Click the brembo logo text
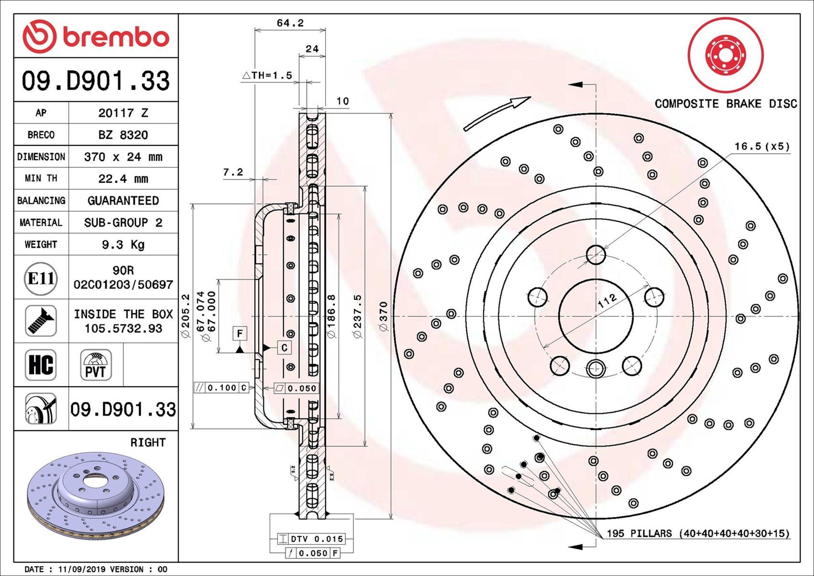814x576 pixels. coord(115,37)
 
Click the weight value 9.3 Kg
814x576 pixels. coord(123,245)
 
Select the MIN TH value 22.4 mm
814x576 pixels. coord(123,179)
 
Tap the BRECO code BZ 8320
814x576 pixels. coord(123,135)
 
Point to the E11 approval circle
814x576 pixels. coord(41,278)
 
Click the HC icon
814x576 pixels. coord(41,365)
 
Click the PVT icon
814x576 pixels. coord(96,365)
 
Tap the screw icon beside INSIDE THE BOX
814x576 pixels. coord(41,321)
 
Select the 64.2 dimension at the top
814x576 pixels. coord(290,23)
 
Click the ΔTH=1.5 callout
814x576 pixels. coord(267,75)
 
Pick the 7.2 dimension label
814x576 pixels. coord(233,172)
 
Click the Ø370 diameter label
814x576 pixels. coord(383,316)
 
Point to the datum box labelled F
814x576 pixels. coord(239,333)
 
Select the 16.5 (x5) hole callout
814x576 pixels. coord(762,146)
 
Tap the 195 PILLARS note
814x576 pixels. coord(697,533)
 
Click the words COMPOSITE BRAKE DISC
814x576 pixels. coord(726,104)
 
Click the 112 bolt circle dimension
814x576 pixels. coord(607,301)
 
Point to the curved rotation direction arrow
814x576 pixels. coord(497,113)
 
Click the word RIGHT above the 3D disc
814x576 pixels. coord(148,443)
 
